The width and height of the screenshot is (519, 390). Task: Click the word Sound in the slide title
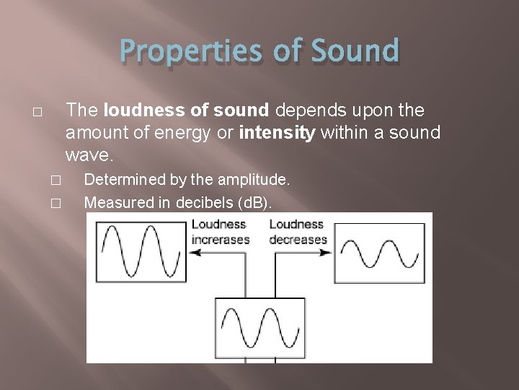[356, 51]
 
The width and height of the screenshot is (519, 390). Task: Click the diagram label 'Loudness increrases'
[220, 233]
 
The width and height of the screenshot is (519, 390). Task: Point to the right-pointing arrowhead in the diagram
[329, 252]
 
